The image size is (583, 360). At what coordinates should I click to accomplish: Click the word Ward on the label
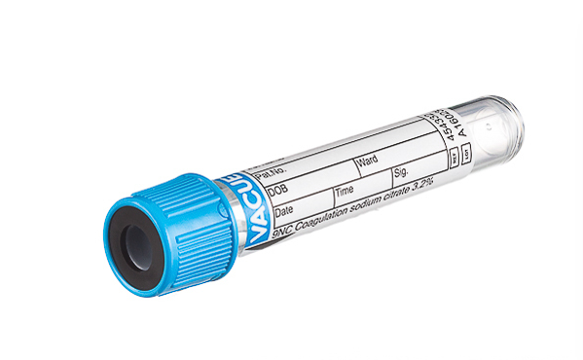(x=368, y=161)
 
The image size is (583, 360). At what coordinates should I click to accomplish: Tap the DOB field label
(x=282, y=193)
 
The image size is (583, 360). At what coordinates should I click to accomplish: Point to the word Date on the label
(x=284, y=211)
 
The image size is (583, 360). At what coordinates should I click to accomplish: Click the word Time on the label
(x=346, y=191)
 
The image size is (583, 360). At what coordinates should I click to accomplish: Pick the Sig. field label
(x=401, y=172)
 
